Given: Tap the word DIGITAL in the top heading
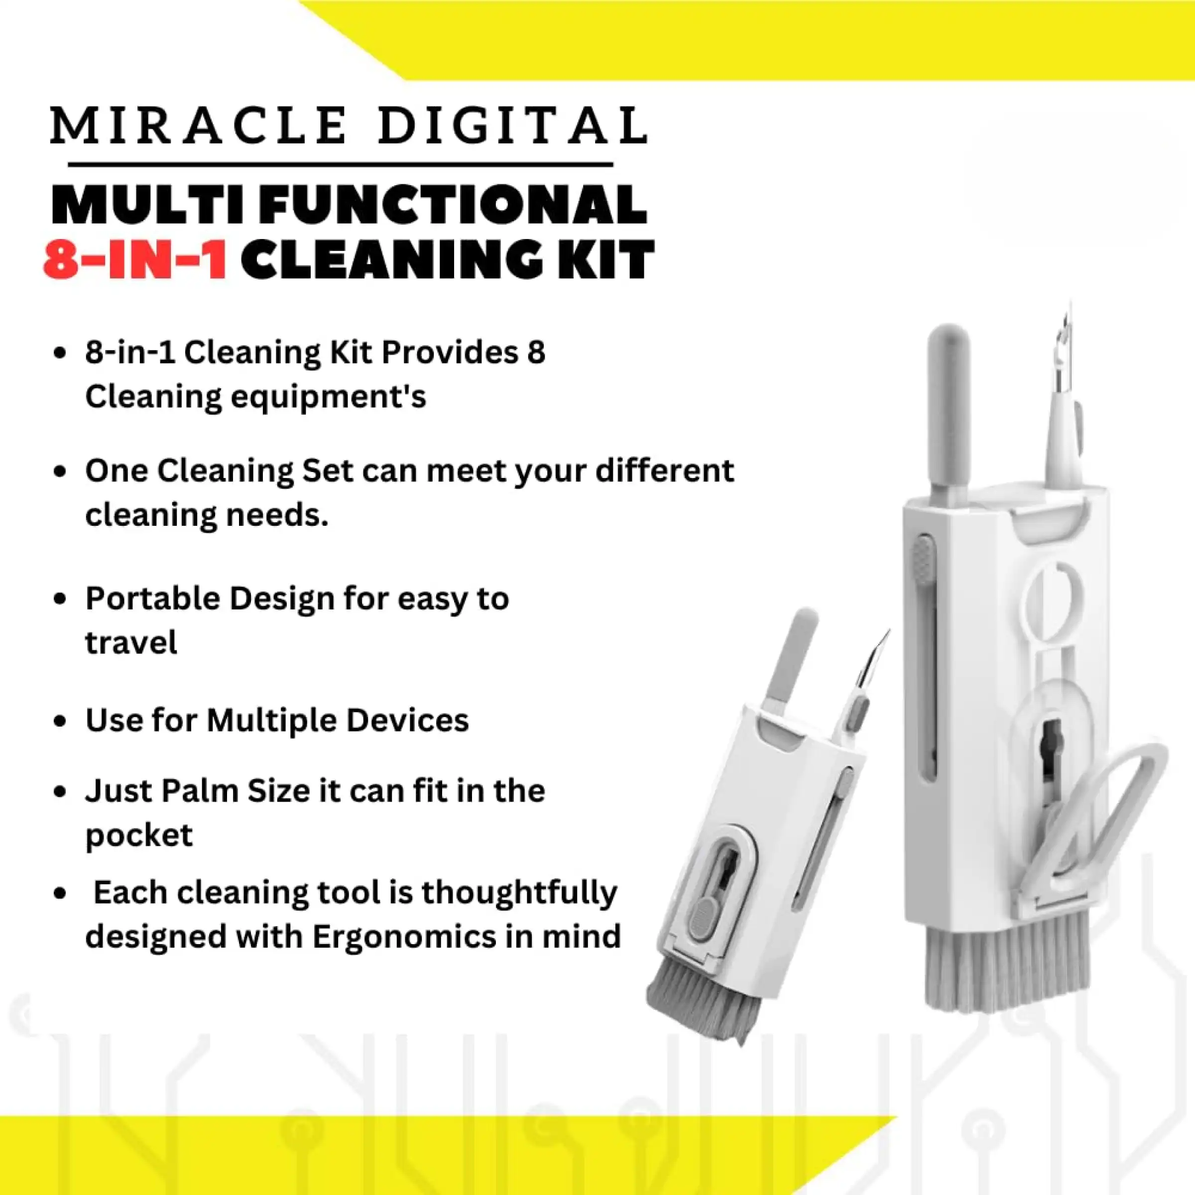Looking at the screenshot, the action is tap(513, 125).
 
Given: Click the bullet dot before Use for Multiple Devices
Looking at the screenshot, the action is tap(60, 721).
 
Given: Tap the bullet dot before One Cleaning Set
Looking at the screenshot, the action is tap(60, 472).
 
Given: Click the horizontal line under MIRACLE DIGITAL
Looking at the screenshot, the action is tap(340, 164).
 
